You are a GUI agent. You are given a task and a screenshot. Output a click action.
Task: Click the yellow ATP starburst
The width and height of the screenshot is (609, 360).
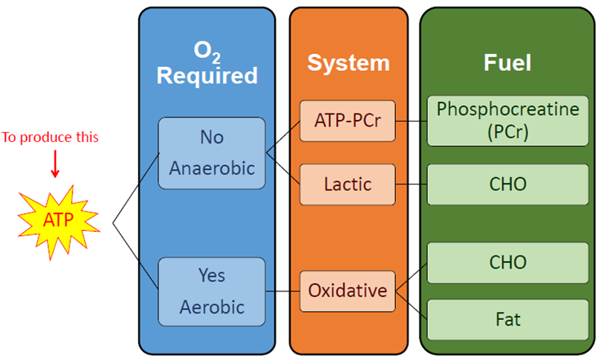pos(59,221)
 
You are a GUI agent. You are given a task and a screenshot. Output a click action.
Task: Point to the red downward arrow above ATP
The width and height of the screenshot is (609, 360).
pos(56,164)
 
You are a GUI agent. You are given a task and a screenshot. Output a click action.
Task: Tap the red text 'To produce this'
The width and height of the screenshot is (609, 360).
pos(50,137)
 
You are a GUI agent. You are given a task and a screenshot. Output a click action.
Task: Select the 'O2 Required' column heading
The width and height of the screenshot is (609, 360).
pos(207,63)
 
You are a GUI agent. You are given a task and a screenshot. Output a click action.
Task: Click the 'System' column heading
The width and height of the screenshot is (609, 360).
pos(349,63)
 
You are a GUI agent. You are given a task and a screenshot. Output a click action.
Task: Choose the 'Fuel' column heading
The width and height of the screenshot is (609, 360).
pos(507,62)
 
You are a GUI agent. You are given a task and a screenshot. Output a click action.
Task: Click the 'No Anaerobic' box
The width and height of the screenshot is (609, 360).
pos(211,153)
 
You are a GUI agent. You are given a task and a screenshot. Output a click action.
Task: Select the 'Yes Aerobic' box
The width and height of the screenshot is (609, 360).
pos(211,291)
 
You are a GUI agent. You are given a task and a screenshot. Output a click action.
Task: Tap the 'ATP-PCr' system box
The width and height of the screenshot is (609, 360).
pos(348,121)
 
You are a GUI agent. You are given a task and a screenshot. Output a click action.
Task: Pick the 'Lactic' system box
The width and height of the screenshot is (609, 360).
pos(348,184)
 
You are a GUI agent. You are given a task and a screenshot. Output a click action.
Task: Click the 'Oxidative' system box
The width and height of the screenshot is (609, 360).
pos(348,291)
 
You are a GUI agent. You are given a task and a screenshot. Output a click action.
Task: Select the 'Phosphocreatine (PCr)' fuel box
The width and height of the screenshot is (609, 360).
pos(508,121)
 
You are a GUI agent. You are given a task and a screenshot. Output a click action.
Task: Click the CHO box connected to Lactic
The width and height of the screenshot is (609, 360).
pos(508,184)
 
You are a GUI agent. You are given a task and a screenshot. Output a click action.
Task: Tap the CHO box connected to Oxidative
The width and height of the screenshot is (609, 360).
pos(508,263)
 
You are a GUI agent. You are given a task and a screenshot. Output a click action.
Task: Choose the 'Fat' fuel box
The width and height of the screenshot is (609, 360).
pos(508,320)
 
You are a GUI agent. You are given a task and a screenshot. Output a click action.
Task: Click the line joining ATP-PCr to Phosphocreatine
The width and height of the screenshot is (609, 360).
pos(411,121)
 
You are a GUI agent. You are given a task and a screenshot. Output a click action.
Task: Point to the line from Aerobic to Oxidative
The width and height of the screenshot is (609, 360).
pos(282,291)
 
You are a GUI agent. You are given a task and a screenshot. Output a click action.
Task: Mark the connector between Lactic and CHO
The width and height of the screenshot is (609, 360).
pos(411,184)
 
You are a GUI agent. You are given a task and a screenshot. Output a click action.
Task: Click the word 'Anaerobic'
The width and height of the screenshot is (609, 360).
pos(212,168)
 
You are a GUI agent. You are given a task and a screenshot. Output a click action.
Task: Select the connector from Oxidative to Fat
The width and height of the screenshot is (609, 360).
pos(411,305)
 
